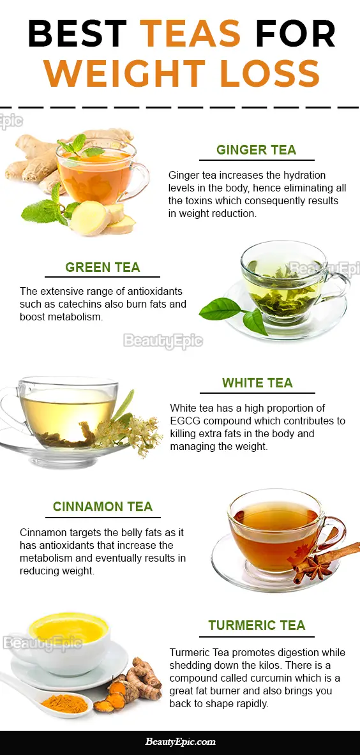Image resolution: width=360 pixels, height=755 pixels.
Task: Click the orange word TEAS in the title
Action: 190,33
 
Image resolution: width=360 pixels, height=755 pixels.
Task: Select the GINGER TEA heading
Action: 257,150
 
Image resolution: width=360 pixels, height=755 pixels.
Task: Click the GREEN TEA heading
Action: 103,267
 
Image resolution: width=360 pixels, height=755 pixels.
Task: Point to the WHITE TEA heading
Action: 257,383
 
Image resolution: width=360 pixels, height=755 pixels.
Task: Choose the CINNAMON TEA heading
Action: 103,507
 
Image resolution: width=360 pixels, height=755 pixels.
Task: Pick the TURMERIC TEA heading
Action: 257,625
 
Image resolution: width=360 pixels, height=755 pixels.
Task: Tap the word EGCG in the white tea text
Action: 182,421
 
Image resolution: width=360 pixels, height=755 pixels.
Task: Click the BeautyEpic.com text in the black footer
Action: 181,742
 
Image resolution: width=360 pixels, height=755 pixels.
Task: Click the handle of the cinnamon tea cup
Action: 335,532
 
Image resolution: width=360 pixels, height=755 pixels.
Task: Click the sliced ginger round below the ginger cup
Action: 91,218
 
